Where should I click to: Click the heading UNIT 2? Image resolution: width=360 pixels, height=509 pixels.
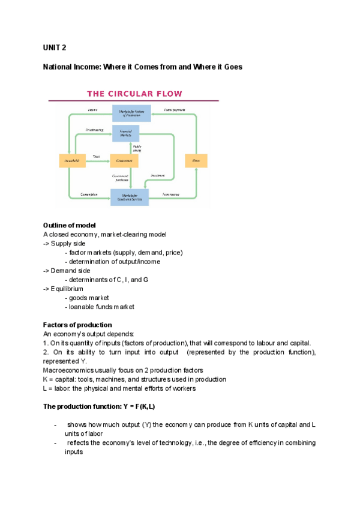[x=55, y=47]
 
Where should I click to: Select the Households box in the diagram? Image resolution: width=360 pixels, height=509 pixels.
[x=71, y=161]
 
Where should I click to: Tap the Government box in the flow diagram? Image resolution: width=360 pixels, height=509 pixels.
[x=124, y=161]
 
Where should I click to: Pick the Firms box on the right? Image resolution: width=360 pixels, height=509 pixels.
[x=196, y=161]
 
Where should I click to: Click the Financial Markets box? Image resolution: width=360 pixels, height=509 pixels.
[x=125, y=134]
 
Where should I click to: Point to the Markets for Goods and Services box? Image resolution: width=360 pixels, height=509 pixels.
[x=129, y=197]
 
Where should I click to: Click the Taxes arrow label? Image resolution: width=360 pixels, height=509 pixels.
[x=95, y=156]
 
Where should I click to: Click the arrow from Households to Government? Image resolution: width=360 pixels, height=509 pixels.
[x=95, y=161]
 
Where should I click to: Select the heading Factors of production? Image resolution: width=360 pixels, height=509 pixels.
[x=77, y=325]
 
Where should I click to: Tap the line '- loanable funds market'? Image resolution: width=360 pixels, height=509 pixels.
[x=101, y=307]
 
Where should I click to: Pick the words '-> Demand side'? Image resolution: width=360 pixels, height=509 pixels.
[x=67, y=270]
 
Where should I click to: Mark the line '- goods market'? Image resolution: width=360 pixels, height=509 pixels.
[x=89, y=298]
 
